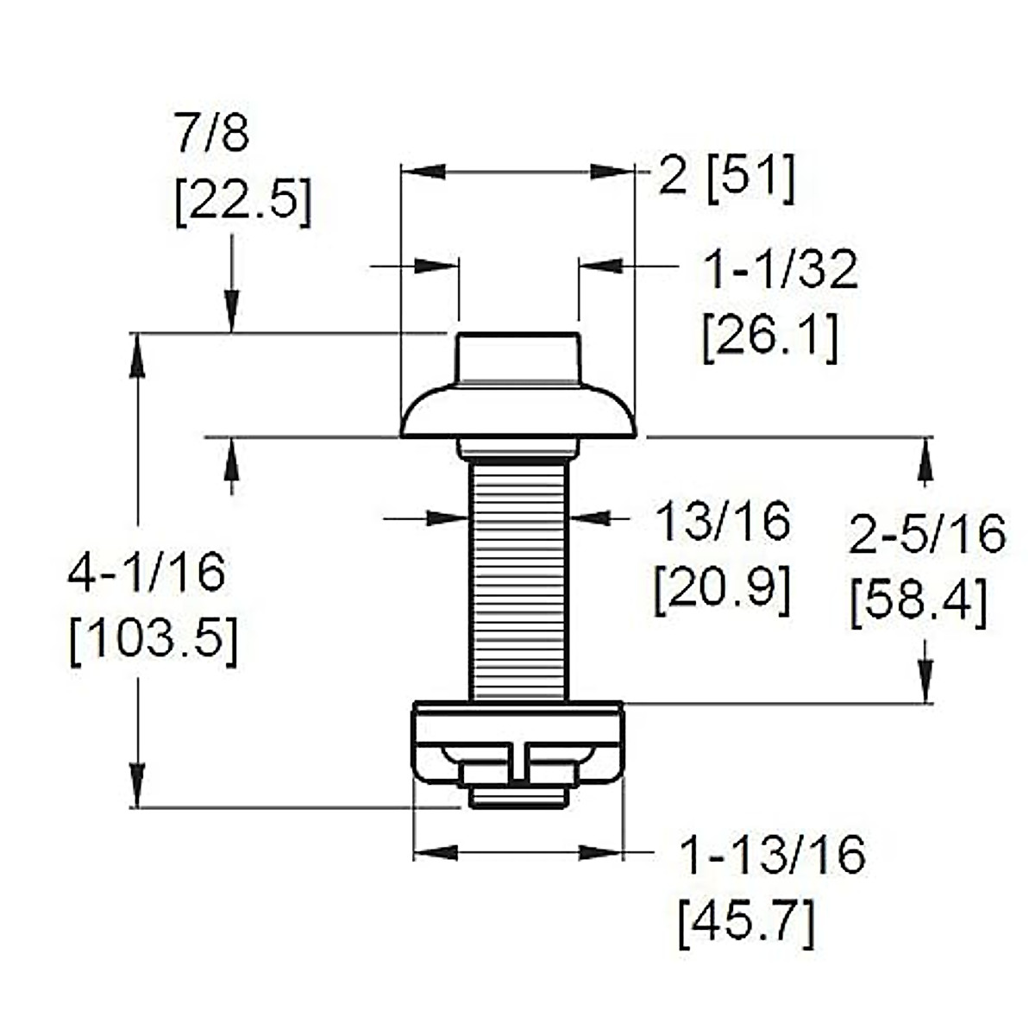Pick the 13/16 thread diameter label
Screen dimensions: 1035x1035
click(723, 520)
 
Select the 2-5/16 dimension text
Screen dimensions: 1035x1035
click(927, 534)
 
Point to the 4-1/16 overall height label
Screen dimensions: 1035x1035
click(147, 573)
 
